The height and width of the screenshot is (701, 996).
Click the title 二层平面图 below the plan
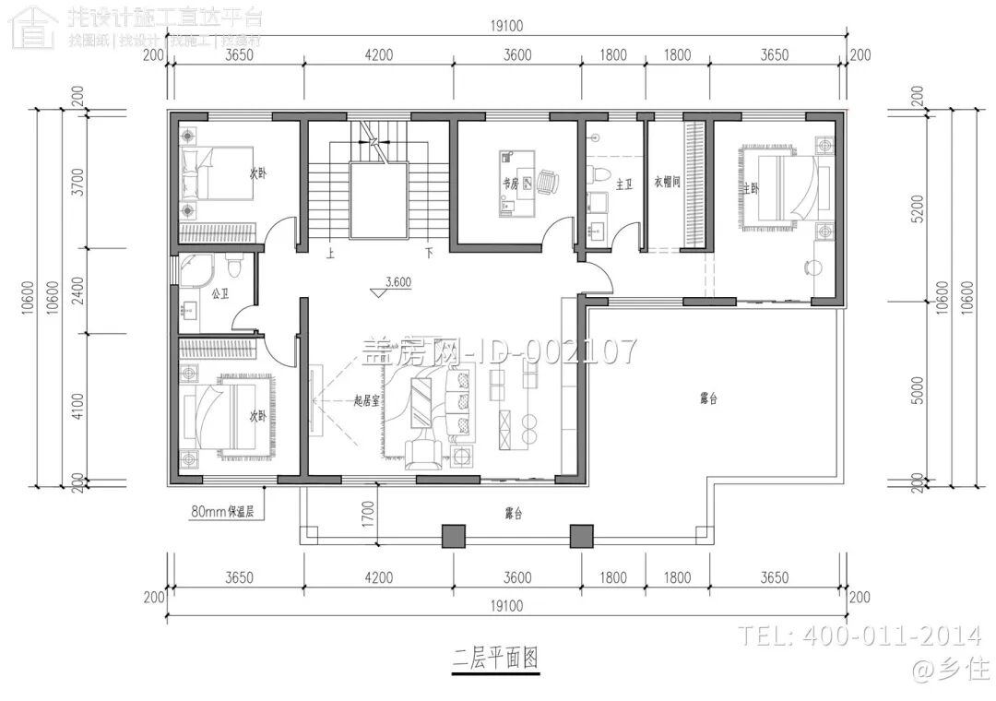[494, 659]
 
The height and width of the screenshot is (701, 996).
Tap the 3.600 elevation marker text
[398, 282]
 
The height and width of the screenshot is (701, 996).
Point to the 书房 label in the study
[509, 184]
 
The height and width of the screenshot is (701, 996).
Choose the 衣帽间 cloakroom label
[667, 182]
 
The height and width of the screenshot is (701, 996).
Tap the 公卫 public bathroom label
[219, 294]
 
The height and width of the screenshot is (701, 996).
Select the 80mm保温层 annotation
[228, 510]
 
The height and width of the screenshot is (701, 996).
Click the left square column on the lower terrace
[453, 536]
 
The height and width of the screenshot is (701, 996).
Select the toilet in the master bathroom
[600, 173]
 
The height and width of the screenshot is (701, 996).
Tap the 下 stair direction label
[429, 251]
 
